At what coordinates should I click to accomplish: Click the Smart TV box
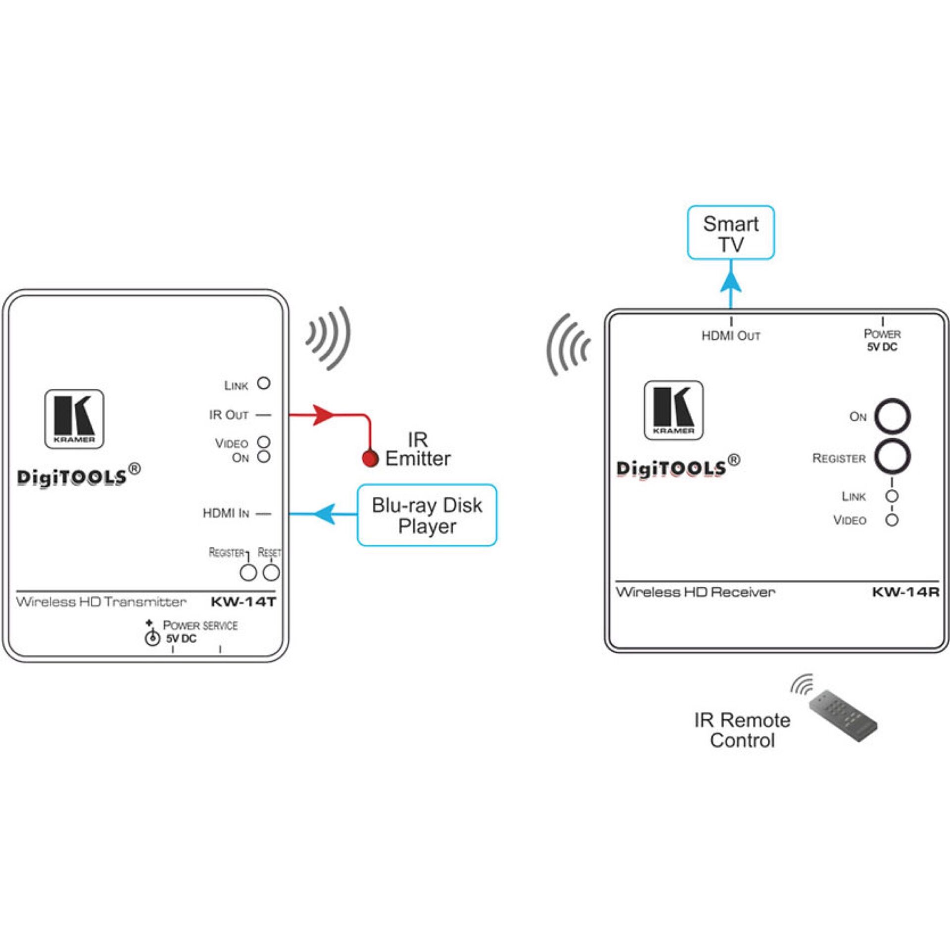731,233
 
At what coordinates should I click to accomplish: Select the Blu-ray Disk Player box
427,515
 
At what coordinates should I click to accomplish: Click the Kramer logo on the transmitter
74,419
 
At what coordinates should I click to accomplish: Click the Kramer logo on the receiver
673,410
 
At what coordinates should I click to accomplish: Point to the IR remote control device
843,716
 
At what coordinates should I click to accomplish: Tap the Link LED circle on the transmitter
264,383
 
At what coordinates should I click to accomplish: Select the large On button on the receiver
892,417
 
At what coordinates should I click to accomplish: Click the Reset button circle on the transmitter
271,573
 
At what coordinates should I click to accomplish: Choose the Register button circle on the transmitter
248,573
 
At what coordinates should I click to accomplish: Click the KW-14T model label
243,602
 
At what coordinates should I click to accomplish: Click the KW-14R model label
905,592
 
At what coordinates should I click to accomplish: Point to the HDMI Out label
731,336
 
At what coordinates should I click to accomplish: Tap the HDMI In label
226,513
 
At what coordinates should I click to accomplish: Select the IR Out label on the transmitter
229,415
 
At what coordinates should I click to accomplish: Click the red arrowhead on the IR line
323,415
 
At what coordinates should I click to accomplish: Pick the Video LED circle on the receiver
892,520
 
